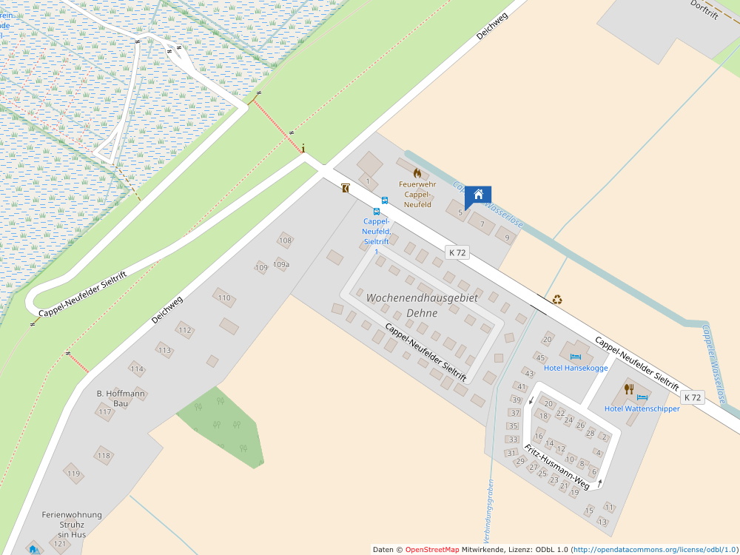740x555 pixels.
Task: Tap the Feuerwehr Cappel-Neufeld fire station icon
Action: [417, 172]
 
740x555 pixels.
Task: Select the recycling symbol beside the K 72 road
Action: [557, 300]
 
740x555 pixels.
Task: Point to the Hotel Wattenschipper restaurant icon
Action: [629, 388]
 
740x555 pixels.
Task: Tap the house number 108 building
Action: [286, 240]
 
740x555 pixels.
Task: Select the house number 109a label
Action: [281, 264]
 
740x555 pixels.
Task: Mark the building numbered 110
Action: [224, 297]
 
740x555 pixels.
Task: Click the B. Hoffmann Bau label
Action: [121, 398]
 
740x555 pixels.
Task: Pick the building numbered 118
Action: [103, 455]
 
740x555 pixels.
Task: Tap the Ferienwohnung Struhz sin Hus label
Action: [72, 524]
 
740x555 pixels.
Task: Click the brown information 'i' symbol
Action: [303, 148]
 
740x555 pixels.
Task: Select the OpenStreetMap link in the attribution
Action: [431, 549]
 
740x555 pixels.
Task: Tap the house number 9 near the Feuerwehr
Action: [507, 238]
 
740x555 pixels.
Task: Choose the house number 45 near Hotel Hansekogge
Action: [540, 357]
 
